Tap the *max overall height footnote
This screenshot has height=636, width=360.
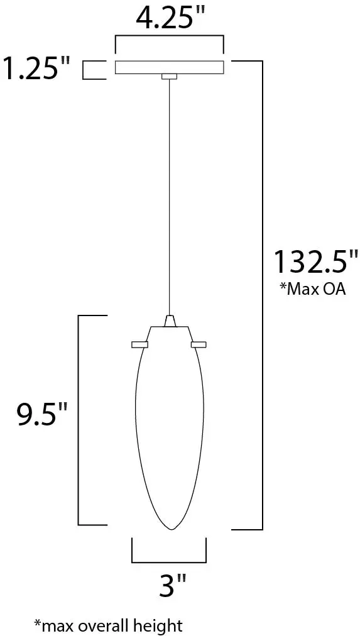[x=108, y=625]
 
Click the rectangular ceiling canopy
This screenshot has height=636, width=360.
[x=168, y=67]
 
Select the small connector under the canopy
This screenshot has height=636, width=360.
[x=168, y=77]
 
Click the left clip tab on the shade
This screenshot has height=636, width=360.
[x=139, y=344]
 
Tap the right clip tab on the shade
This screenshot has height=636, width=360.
[x=199, y=344]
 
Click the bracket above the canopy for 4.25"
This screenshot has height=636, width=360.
[x=168, y=38]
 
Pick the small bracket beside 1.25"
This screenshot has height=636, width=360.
[x=94, y=70]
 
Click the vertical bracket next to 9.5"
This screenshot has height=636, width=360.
[x=78, y=420]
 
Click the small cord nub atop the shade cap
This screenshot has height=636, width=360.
[x=168, y=321]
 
